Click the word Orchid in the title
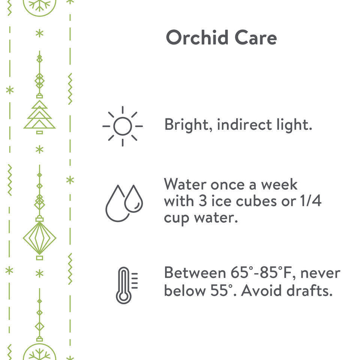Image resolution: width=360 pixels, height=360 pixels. pyautogui.click(x=197, y=37)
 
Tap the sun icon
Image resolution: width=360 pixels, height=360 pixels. pyautogui.click(x=123, y=126)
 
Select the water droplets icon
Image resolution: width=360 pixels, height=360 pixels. pyautogui.click(x=124, y=203)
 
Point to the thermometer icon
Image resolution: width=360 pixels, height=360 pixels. pyautogui.click(x=127, y=285)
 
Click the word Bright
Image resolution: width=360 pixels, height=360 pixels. pyautogui.click(x=189, y=125)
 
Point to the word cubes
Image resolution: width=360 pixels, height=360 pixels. pyautogui.click(x=256, y=201)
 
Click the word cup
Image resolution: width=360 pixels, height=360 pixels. pyautogui.click(x=176, y=219)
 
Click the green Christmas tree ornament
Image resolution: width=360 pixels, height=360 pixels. pyautogui.click(x=39, y=115)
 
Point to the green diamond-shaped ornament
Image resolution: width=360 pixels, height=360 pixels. pyautogui.click(x=39, y=238)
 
